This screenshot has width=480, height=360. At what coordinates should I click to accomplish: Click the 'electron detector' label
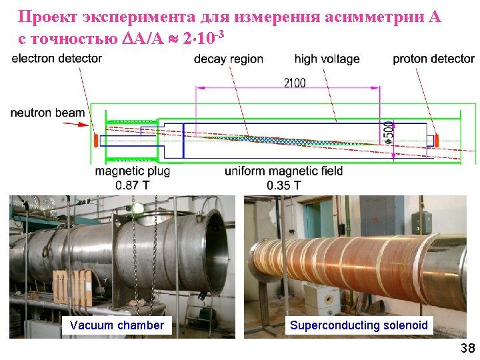coord(57,59)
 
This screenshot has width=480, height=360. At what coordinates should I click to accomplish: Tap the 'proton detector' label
coord(433,59)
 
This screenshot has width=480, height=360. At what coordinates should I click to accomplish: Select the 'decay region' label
coord(229,59)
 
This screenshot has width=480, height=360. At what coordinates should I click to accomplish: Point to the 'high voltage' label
coord(327,59)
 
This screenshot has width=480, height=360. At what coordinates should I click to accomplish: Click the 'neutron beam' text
coord(47,113)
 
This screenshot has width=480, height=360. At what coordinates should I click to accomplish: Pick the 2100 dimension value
coord(295,83)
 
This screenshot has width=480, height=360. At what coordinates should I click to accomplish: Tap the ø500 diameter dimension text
coord(389,132)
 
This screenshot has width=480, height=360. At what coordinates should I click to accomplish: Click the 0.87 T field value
coord(133,185)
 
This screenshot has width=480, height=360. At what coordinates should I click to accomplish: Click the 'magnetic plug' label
coord(133,171)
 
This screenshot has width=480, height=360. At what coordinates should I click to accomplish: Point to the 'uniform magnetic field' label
coord(284,171)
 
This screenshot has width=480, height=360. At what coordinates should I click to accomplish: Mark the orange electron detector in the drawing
coord(96,141)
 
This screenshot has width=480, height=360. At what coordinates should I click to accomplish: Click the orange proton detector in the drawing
coord(437,141)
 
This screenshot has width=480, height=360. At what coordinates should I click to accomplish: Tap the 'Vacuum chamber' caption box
coord(117,325)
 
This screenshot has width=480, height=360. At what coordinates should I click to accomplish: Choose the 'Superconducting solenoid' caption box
coord(359,325)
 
